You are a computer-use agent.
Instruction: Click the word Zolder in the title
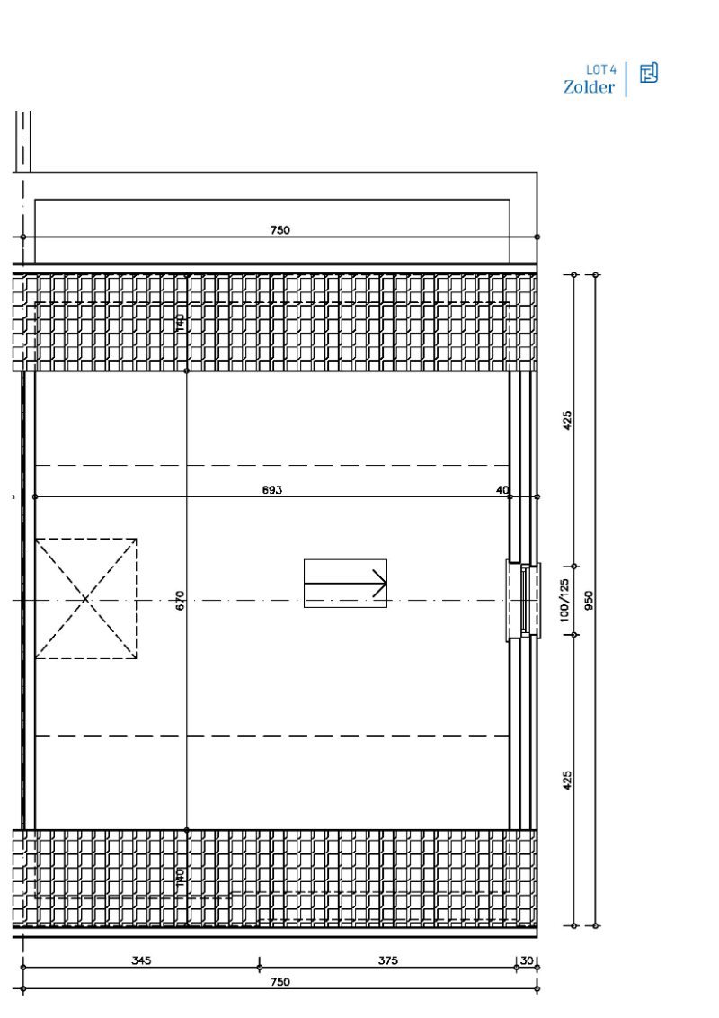pos(589,87)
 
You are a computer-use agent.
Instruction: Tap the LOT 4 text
pos(600,69)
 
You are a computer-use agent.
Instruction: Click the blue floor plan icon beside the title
pos(648,73)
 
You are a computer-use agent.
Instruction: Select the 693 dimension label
pos(272,490)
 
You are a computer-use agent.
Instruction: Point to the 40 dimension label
pos(502,490)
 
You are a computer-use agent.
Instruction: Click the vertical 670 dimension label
pos(180,601)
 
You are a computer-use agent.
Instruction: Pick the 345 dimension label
pos(141,960)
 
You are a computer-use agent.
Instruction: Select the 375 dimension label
pos(387,960)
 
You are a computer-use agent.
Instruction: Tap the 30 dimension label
pos(527,960)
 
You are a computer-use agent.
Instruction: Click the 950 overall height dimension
pos(590,601)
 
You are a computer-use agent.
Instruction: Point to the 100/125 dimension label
pos(564,600)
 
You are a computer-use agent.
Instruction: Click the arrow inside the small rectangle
pos(345,584)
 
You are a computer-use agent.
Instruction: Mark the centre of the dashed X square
pos(85,599)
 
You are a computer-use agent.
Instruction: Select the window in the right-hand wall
pos(524,600)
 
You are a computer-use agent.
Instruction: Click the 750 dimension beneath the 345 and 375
pos(280,982)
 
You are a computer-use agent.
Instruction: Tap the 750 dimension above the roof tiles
pos(280,230)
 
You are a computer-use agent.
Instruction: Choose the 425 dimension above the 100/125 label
pos(566,420)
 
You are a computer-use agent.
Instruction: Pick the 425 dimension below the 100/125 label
pos(566,780)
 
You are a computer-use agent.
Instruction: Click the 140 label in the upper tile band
pos(180,323)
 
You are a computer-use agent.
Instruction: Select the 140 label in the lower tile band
pos(180,875)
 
